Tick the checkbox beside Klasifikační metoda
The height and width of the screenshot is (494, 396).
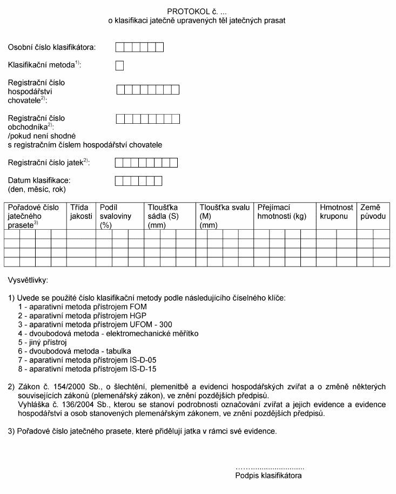click(x=120, y=66)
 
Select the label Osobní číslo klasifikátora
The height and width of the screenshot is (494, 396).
click(x=52, y=48)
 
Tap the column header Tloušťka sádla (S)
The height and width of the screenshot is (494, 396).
click(x=163, y=216)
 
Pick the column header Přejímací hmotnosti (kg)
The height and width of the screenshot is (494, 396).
click(x=281, y=212)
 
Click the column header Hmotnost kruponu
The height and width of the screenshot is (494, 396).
click(x=337, y=212)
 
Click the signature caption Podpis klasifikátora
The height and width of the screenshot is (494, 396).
click(x=269, y=476)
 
